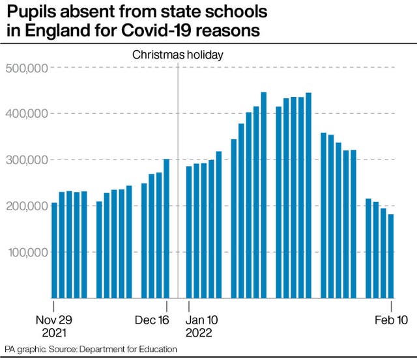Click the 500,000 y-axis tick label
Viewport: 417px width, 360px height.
[26, 68]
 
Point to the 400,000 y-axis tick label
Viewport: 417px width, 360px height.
[26, 114]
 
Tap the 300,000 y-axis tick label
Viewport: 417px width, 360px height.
[26, 160]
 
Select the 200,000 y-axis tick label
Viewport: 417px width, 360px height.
[26, 206]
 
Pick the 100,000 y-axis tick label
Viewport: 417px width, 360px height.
[26, 253]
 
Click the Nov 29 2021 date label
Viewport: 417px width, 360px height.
[54, 326]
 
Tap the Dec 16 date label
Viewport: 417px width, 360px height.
[152, 320]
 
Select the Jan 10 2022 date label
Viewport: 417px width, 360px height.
[203, 326]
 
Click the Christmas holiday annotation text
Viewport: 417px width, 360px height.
[178, 55]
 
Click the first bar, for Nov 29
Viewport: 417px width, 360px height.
[54, 250]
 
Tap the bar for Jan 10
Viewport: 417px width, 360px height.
[189, 232]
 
